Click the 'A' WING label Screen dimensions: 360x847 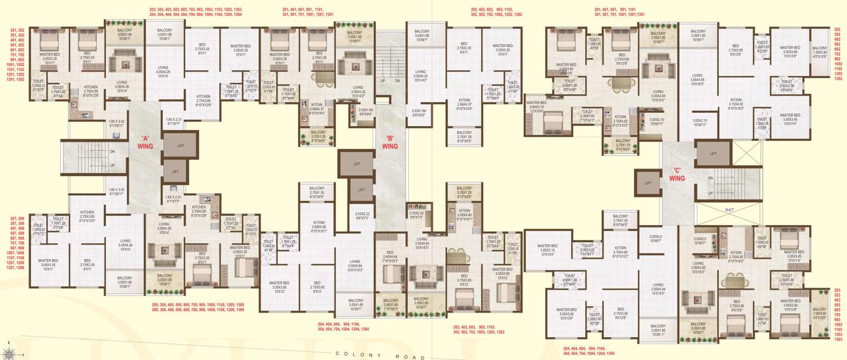pyautogui.click(x=146, y=141)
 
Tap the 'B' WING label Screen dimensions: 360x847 pyautogui.click(x=390, y=142)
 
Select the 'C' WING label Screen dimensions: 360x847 pyautogui.click(x=677, y=174)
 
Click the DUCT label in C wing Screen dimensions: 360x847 pyautogui.click(x=728, y=209)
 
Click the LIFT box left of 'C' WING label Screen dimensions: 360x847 pyautogui.click(x=647, y=183)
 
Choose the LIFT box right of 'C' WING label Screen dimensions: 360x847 pyautogui.click(x=713, y=153)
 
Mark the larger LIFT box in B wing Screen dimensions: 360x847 pyautogui.click(x=356, y=164)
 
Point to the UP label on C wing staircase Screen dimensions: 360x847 pyautogui.click(x=711, y=193)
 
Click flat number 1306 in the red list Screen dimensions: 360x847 pyautogui.click(x=234, y=310)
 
